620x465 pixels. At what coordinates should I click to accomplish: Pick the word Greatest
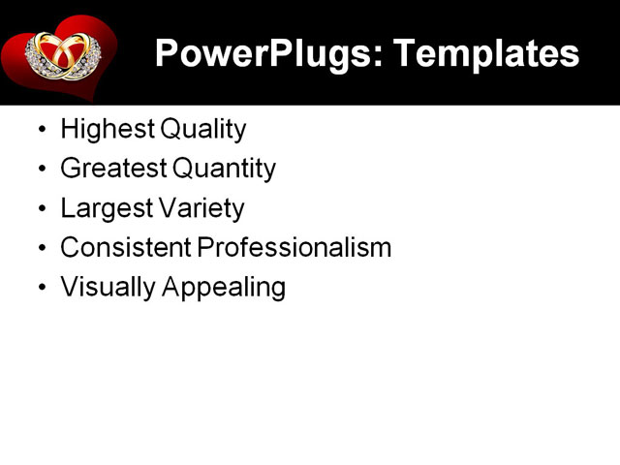tap(112, 169)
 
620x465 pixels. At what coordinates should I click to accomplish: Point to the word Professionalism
tap(294, 248)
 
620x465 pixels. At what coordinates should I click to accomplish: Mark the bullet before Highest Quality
tap(40, 130)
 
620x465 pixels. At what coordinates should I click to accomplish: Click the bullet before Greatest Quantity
tap(40, 170)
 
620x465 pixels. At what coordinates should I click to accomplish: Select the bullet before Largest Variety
tap(40, 209)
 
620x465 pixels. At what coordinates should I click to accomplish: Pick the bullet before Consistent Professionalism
tap(40, 249)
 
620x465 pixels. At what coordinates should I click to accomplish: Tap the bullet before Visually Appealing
tap(40, 289)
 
